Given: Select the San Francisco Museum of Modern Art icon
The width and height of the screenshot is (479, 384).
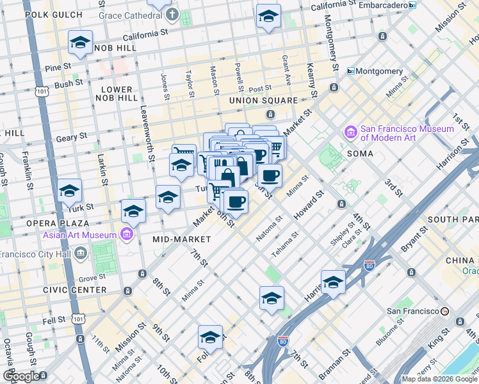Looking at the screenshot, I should click(351, 132).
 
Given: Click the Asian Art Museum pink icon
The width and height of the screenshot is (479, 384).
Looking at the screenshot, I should click(127, 234).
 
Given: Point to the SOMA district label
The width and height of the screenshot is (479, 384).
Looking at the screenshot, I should click(360, 154).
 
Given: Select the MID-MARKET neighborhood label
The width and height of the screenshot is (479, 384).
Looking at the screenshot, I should click(182, 239).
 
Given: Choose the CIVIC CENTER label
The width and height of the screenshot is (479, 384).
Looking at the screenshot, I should click(79, 290).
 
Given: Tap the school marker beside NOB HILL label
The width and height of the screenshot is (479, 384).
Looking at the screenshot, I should click(80, 43).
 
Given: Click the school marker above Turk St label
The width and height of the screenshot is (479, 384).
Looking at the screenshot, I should click(69, 191).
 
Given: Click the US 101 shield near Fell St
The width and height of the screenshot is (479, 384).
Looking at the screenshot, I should click(77, 318).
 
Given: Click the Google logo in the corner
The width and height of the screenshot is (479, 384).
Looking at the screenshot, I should click(21, 376).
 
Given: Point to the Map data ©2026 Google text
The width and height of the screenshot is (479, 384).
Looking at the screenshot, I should click(439, 379).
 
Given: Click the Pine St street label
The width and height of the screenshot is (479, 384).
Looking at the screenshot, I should click(56, 68).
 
